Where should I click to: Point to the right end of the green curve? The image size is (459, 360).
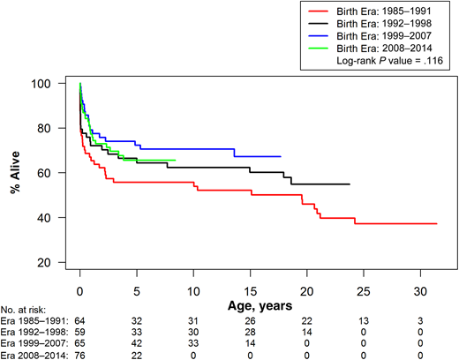(176, 161)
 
